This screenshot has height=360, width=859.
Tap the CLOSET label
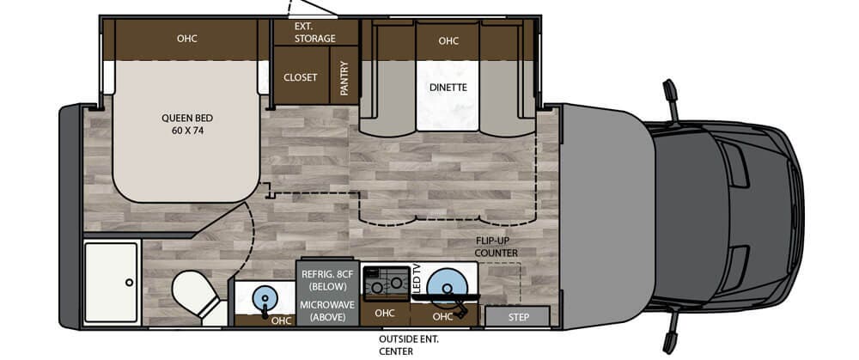tap(300, 78)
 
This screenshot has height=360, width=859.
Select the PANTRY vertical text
tap(344, 78)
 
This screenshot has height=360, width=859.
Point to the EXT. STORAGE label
tap(315, 33)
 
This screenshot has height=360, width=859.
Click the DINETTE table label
tap(448, 87)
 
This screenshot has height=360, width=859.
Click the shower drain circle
tap(130, 282)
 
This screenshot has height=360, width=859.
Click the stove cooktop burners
tap(387, 281)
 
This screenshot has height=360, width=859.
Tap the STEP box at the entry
tap(518, 317)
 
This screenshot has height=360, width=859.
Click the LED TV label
tap(417, 278)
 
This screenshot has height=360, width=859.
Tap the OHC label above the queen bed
tap(186, 39)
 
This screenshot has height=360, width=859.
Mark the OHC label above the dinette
tap(448, 41)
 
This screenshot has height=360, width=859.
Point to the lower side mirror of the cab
tap(671, 333)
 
